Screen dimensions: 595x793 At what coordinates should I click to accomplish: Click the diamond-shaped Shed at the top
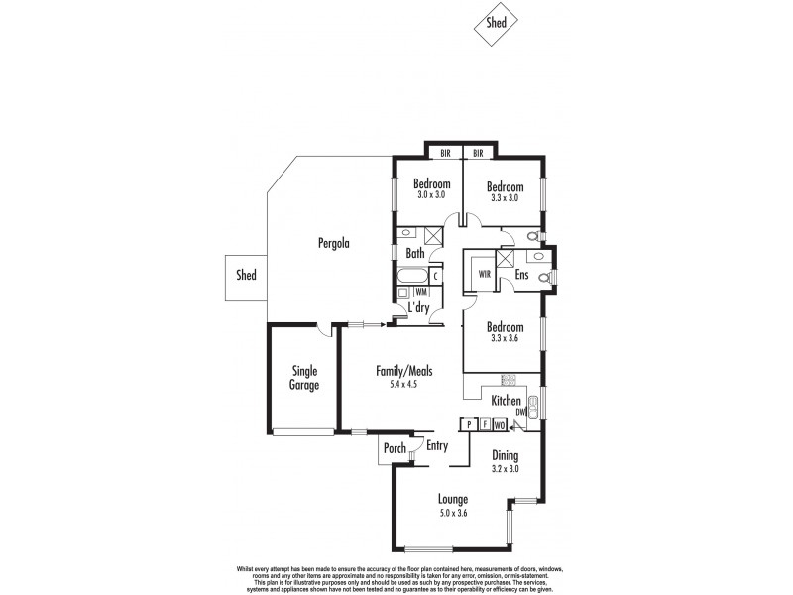[x=497, y=24]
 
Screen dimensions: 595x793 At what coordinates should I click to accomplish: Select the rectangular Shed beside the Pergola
[x=246, y=275]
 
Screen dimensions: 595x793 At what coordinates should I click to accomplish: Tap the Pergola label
[x=334, y=242]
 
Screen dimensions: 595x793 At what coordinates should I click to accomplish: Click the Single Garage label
[x=304, y=378]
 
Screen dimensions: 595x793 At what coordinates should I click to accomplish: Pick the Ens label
[x=521, y=275]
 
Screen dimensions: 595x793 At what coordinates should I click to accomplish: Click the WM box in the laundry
[x=420, y=292]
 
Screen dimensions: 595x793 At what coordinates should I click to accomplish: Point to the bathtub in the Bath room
[x=412, y=276]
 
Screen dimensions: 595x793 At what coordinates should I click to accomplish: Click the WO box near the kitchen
[x=500, y=424]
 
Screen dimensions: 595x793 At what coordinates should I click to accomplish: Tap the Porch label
[x=394, y=449]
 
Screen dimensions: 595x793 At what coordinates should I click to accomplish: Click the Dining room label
[x=507, y=455]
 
